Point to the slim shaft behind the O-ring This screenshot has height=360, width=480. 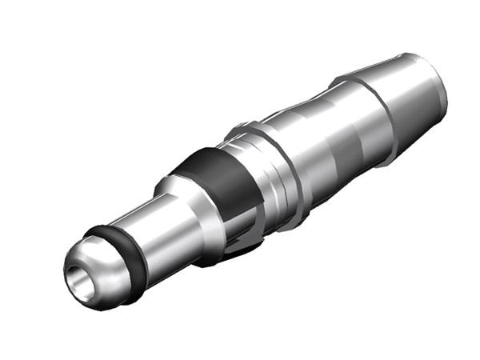(x=152, y=232)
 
